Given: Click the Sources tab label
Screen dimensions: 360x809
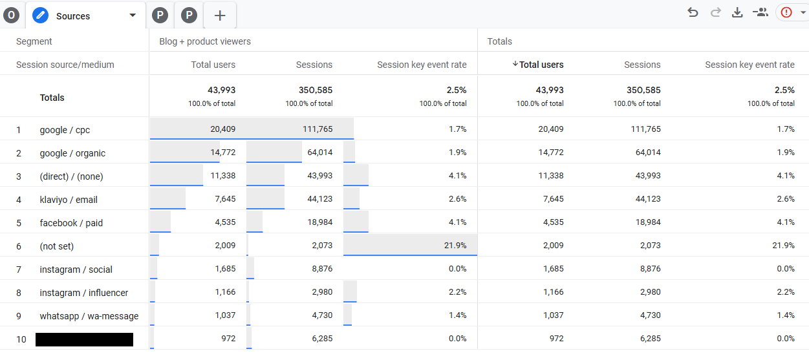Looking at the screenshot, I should [x=72, y=16].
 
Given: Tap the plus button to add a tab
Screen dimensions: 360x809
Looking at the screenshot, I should [x=220, y=16].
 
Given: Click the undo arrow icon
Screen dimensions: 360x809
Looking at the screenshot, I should [x=693, y=12].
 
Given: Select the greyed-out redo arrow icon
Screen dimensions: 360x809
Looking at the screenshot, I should [x=715, y=12].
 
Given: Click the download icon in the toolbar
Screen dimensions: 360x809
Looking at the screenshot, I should [x=737, y=12].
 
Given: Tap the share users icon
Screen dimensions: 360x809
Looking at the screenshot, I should [x=760, y=12].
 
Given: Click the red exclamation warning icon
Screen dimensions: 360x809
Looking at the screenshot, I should [x=786, y=12].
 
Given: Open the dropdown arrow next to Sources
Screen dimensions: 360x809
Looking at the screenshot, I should [x=133, y=16].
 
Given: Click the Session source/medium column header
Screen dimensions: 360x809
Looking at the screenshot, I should [x=65, y=65].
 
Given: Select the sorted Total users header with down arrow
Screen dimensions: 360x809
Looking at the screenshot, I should [x=537, y=65].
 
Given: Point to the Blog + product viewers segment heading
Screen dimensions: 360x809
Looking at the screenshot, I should [x=205, y=41].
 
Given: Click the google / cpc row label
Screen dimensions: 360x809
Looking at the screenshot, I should [x=65, y=130].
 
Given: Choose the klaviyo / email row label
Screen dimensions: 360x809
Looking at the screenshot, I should [x=69, y=200].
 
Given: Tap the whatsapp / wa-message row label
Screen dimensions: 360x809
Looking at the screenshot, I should [x=89, y=316].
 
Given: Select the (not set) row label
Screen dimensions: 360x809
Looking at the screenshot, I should [x=57, y=246].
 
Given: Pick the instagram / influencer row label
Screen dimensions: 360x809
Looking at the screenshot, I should [x=84, y=293].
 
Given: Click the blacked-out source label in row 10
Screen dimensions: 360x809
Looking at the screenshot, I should [x=84, y=339].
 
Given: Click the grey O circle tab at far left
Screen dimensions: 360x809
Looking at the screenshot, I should [x=11, y=16].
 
